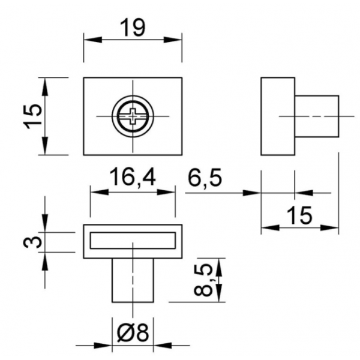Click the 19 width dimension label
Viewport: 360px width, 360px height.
point(133,28)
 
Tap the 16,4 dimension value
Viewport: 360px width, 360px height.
point(133,177)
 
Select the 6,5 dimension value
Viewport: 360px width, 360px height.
point(205,177)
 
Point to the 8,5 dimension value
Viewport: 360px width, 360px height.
point(203,280)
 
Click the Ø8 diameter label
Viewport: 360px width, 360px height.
point(133,332)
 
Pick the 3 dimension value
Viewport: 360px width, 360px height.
point(32,242)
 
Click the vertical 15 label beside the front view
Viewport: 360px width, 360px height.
point(32,116)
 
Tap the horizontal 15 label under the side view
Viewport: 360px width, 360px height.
point(299,215)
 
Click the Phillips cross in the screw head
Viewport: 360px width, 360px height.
point(133,116)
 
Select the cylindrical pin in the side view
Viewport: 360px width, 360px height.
point(317,116)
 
